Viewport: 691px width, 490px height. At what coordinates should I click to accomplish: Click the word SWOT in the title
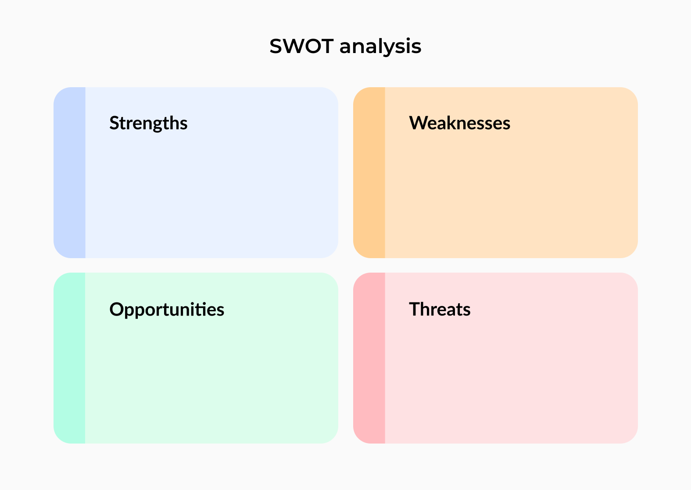pos(301,46)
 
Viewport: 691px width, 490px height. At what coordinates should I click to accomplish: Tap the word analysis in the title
pos(380,47)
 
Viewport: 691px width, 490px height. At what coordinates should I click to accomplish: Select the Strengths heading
pos(148,123)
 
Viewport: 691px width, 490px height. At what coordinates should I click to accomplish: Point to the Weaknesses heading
pos(459,123)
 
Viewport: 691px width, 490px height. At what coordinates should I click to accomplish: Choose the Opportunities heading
pos(167,310)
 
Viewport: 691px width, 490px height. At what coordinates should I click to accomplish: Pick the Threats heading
pos(440,309)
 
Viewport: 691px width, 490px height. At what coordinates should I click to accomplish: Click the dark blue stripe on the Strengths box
pos(70,173)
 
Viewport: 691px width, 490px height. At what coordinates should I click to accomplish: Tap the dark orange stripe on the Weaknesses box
pos(369,173)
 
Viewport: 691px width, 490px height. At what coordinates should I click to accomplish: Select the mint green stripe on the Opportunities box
pos(70,358)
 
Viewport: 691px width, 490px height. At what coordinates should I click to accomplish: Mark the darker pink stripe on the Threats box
pos(369,358)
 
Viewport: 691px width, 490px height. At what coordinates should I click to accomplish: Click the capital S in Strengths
pos(115,123)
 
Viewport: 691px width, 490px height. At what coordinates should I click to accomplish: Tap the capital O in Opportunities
pos(117,309)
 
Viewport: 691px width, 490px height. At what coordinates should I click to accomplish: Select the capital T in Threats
pos(415,309)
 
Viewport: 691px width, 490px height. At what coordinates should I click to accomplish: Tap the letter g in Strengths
pos(157,125)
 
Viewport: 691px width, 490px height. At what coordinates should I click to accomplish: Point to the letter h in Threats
pos(427,309)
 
